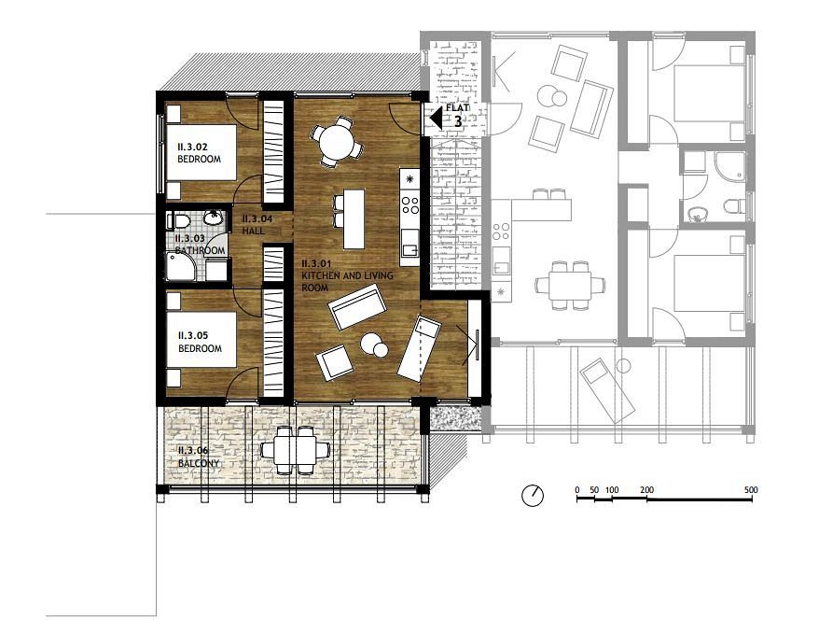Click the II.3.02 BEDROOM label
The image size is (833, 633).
tap(200, 153)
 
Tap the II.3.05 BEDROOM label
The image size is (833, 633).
tap(201, 342)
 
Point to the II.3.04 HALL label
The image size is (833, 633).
tap(257, 225)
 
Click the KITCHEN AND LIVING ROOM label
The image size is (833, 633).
tap(347, 275)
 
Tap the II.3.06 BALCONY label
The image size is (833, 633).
tap(199, 457)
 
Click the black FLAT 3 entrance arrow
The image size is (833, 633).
tap(436, 118)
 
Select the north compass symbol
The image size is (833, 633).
tap(533, 496)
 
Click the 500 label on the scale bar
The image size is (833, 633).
tap(751, 490)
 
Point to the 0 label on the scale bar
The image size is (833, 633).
tap(577, 490)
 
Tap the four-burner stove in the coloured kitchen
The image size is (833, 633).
tap(410, 205)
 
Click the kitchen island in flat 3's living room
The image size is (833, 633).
tap(354, 219)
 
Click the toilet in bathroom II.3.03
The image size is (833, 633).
tap(178, 219)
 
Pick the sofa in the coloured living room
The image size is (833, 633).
tap(357, 306)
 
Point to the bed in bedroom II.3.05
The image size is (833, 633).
tap(201, 339)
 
